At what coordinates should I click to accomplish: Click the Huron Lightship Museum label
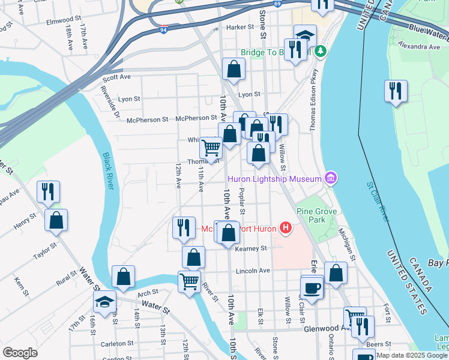click(x=274, y=178)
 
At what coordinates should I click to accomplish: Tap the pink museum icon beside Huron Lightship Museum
click(x=329, y=178)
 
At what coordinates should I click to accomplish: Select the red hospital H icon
click(x=286, y=228)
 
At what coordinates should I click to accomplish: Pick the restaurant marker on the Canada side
click(x=396, y=91)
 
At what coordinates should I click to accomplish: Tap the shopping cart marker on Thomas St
click(x=211, y=146)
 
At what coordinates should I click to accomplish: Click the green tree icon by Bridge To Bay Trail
click(x=321, y=52)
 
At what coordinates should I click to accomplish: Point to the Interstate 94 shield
click(x=164, y=28)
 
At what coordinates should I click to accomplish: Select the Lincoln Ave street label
click(x=253, y=271)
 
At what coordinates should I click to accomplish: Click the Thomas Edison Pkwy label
click(x=313, y=98)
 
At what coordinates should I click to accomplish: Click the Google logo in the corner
click(x=20, y=353)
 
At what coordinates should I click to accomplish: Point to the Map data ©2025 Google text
click(x=411, y=355)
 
